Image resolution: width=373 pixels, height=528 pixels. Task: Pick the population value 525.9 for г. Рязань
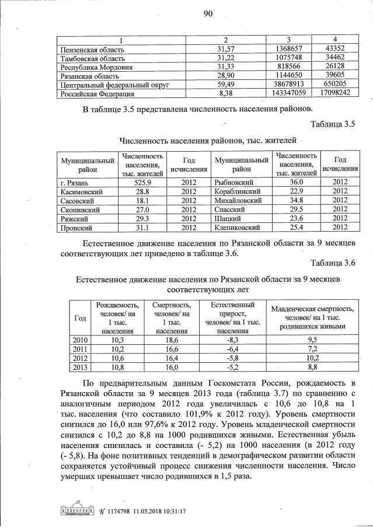(x=142, y=183)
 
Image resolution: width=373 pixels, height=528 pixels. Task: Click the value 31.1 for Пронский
(x=142, y=227)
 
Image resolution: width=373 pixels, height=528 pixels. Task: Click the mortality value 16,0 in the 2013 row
(x=170, y=367)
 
